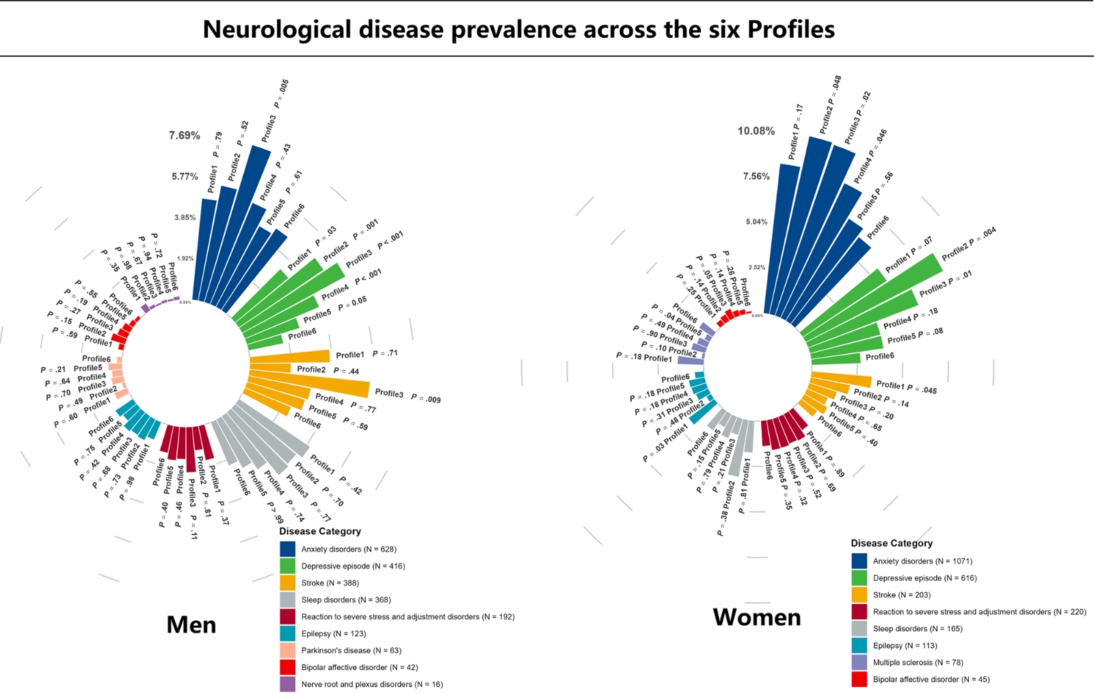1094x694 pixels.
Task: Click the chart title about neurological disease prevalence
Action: pyautogui.click(x=518, y=29)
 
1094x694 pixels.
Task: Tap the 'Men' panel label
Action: pyautogui.click(x=191, y=624)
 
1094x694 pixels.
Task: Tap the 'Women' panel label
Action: pyautogui.click(x=756, y=617)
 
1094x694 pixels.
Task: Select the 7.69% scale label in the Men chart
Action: pyautogui.click(x=185, y=135)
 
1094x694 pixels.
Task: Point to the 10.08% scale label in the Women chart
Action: pyautogui.click(x=756, y=130)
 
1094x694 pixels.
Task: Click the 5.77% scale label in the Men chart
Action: pyautogui.click(x=185, y=176)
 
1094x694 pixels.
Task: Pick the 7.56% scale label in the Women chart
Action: pyautogui.click(x=756, y=176)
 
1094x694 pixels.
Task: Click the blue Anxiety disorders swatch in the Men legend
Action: pyautogui.click(x=288, y=549)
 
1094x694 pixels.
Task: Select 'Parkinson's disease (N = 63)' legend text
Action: pyautogui.click(x=351, y=650)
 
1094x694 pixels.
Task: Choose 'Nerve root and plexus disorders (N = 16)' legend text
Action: pyautogui.click(x=372, y=684)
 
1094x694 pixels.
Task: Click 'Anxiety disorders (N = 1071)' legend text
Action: pyautogui.click(x=922, y=561)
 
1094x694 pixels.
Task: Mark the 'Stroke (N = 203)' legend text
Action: pyautogui.click(x=901, y=595)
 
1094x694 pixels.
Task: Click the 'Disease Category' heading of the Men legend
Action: pyautogui.click(x=319, y=531)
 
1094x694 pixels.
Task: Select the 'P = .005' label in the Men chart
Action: pyautogui.click(x=281, y=94)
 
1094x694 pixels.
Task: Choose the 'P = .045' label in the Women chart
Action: pyautogui.click(x=922, y=389)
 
